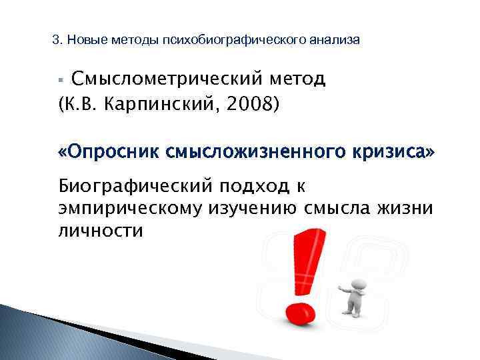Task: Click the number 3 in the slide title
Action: (55, 41)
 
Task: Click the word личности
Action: (101, 231)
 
